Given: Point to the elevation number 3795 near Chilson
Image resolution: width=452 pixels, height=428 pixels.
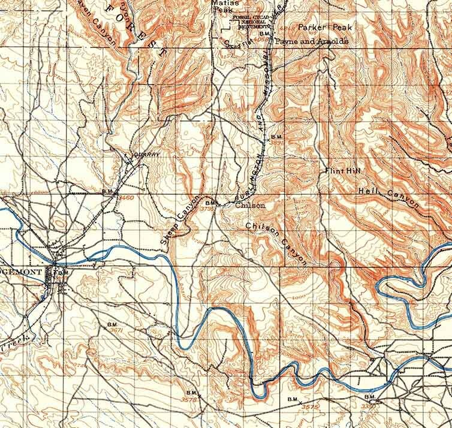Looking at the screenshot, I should (207, 209).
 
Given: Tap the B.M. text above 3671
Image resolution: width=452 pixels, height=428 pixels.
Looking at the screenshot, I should (112, 324).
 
